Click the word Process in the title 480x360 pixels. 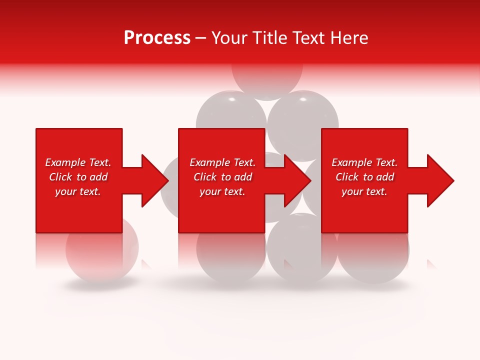[157, 38]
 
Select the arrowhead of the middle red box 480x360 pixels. [297, 180]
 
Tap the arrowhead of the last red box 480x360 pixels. [440, 180]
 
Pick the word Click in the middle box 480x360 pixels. [205, 177]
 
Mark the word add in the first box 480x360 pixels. [99, 177]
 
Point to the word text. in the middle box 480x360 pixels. [233, 191]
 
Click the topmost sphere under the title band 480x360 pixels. [267, 80]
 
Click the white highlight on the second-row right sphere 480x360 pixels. [302, 100]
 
